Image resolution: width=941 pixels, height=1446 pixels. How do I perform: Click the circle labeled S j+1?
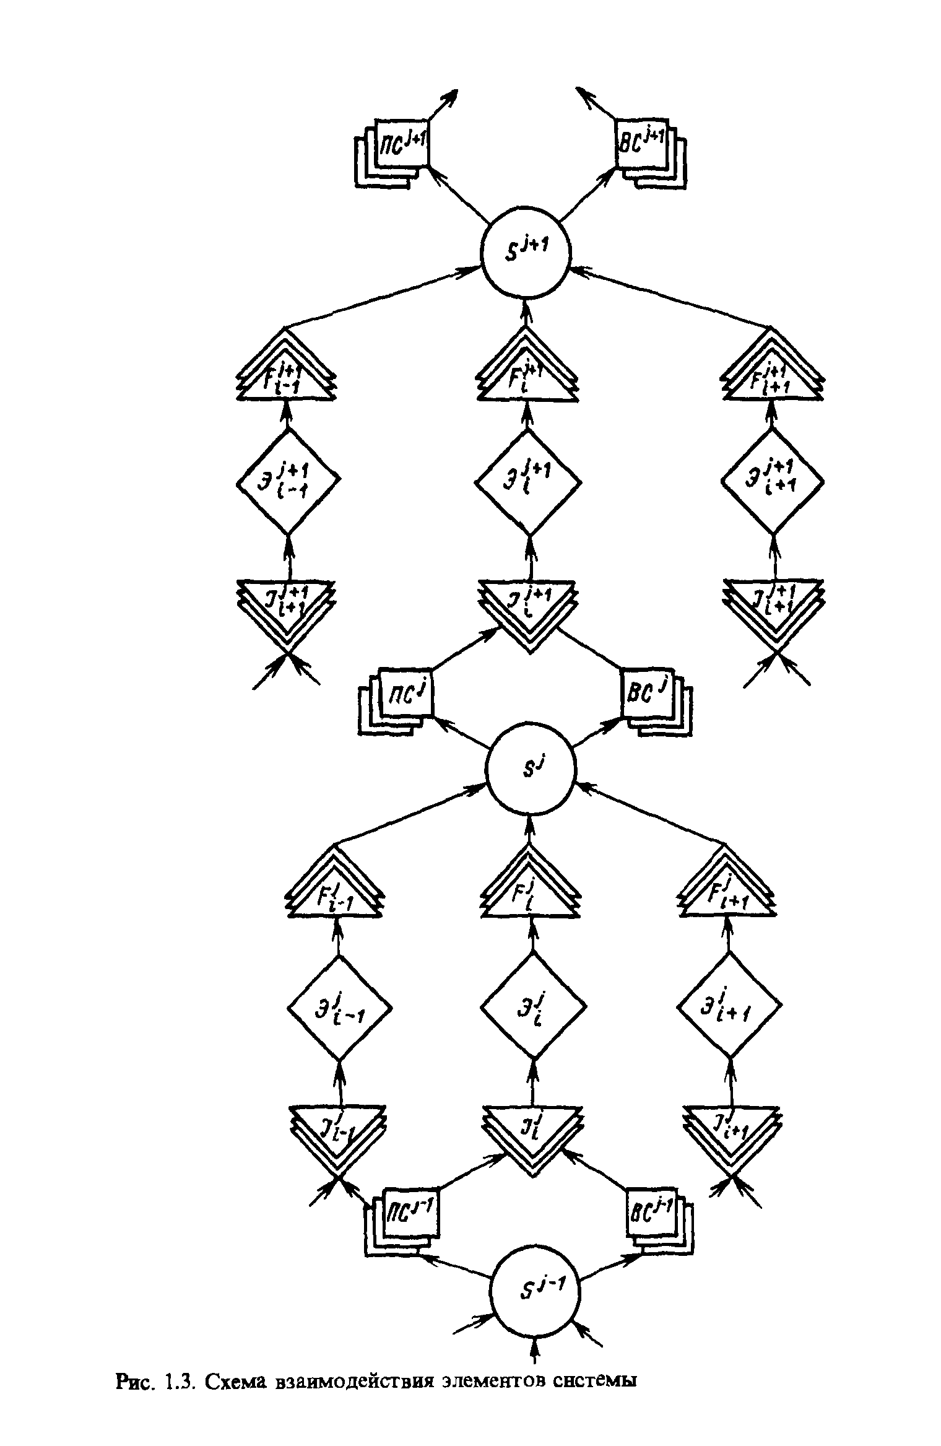click(x=526, y=251)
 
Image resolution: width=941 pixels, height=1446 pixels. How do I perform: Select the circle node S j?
click(x=531, y=770)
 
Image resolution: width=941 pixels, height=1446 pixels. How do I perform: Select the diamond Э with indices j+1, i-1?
click(x=288, y=481)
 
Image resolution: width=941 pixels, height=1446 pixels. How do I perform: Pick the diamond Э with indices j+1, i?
click(x=528, y=481)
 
